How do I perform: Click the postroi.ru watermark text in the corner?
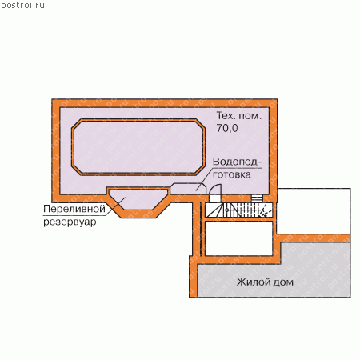tap(22, 6)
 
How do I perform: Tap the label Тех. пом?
tap(238, 116)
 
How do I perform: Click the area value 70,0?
tap(227, 128)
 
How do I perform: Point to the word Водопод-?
tap(237, 162)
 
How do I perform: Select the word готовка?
tap(232, 174)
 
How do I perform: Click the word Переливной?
tap(74, 209)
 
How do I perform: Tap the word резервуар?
tap(70, 222)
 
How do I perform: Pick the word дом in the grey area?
tap(282, 282)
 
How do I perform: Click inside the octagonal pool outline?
tap(138, 147)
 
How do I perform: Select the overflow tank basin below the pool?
tap(138, 199)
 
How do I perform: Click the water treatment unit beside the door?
tap(188, 189)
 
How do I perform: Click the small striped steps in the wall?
tap(257, 198)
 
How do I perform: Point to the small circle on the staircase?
tap(226, 210)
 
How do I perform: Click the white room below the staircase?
tap(238, 238)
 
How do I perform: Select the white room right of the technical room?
tap(314, 211)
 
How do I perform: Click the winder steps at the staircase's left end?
tap(214, 210)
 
